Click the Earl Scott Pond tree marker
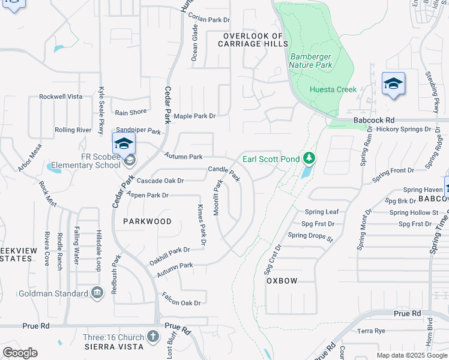click(x=309, y=158)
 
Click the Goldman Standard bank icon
click(x=97, y=293)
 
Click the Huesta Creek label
click(x=333, y=89)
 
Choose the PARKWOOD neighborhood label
click(x=147, y=221)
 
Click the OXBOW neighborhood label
click(x=282, y=280)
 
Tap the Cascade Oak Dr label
click(x=160, y=181)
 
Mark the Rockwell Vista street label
click(x=61, y=97)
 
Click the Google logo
click(x=20, y=353)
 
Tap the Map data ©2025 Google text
click(x=412, y=355)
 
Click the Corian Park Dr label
click(x=210, y=20)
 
